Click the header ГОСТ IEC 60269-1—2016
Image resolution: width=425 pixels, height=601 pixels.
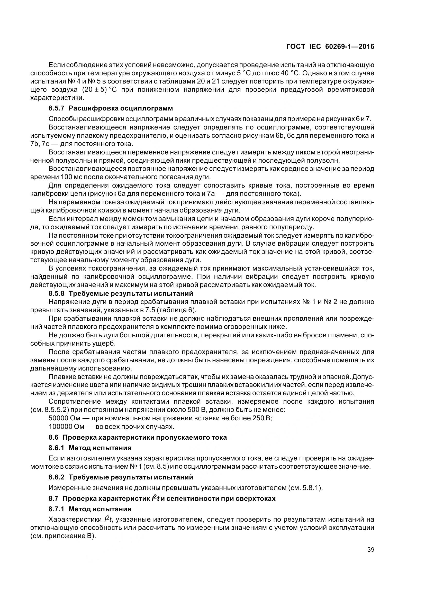point(330,47)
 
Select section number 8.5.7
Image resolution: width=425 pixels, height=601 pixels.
point(56,108)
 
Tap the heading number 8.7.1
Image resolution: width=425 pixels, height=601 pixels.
point(56,509)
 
